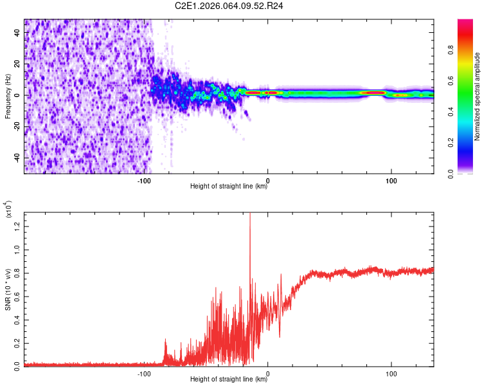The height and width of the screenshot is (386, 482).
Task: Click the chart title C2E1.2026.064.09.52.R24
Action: coord(229,6)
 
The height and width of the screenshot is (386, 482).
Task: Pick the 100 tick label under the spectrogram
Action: coord(391,181)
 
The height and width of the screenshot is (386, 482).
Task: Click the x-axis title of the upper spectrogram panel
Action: coord(229,187)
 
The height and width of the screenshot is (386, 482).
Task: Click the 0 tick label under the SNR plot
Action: coord(267,373)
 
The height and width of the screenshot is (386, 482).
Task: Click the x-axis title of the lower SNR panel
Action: coord(229,380)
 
